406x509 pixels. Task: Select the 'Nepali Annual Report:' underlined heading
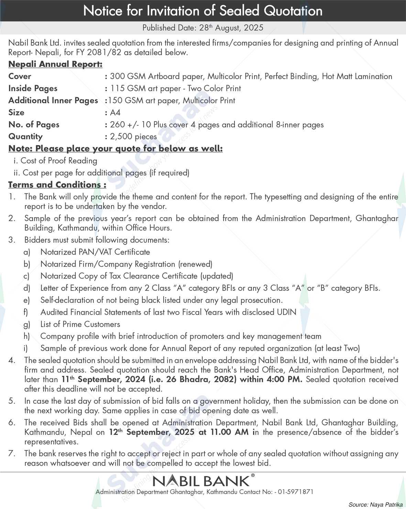[x=55, y=64]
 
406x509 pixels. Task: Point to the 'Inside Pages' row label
[x=33, y=88]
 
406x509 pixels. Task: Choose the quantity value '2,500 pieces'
[x=133, y=136]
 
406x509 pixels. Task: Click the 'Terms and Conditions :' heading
[x=57, y=185]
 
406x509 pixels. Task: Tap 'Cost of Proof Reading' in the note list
[x=59, y=160]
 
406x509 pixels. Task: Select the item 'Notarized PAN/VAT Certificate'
[x=95, y=252]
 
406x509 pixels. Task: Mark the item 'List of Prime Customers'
[x=80, y=324]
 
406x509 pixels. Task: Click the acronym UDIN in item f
[x=286, y=312]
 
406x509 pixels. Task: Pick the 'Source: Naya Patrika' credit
[x=375, y=505]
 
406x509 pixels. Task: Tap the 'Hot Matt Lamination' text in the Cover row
[x=357, y=76]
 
